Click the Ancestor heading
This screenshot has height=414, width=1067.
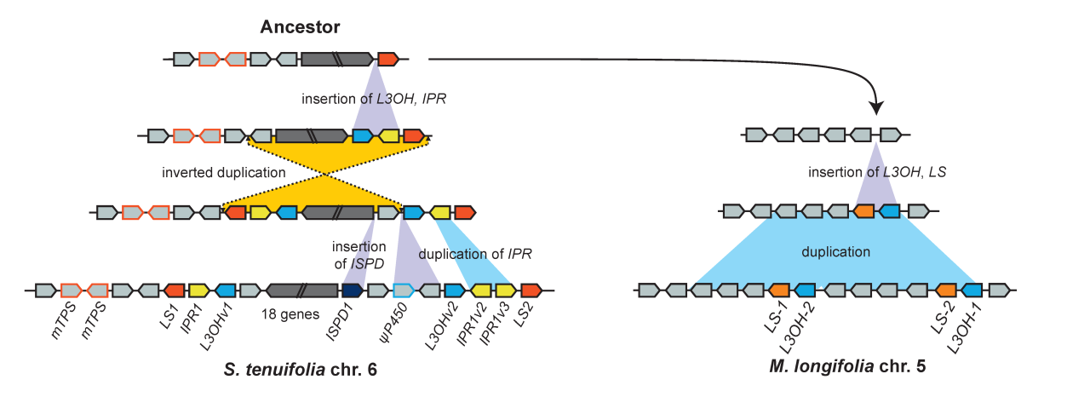coord(300,27)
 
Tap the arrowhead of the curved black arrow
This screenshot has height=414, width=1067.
coord(877,108)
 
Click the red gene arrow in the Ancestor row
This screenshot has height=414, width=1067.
coord(387,59)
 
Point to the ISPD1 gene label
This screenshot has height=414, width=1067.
coord(336,325)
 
